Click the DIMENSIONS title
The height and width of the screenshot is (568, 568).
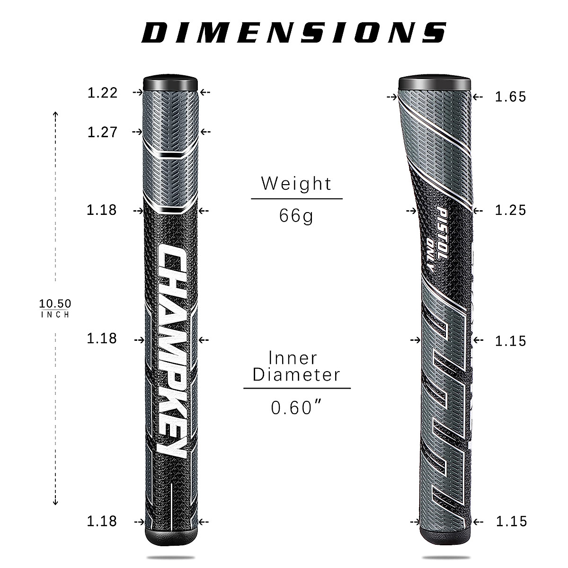click(x=294, y=32)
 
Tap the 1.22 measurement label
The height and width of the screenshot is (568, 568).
click(x=102, y=92)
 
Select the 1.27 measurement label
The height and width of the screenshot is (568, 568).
click(x=102, y=132)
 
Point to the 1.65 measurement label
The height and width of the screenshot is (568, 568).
click(x=510, y=97)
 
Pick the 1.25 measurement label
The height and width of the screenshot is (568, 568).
click(x=510, y=210)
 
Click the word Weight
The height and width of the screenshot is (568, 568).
click(x=296, y=183)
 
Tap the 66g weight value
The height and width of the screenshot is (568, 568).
click(x=296, y=216)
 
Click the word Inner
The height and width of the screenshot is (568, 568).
click(x=293, y=358)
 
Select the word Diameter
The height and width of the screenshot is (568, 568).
click(x=296, y=375)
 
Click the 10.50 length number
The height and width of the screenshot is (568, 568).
click(x=55, y=303)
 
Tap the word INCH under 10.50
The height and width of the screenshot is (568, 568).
click(x=55, y=315)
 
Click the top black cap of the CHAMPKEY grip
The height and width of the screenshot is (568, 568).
click(x=171, y=82)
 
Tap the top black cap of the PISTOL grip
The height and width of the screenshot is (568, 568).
click(x=434, y=83)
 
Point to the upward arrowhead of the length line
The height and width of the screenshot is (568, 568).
click(x=55, y=114)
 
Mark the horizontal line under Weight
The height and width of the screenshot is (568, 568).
click(x=296, y=199)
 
